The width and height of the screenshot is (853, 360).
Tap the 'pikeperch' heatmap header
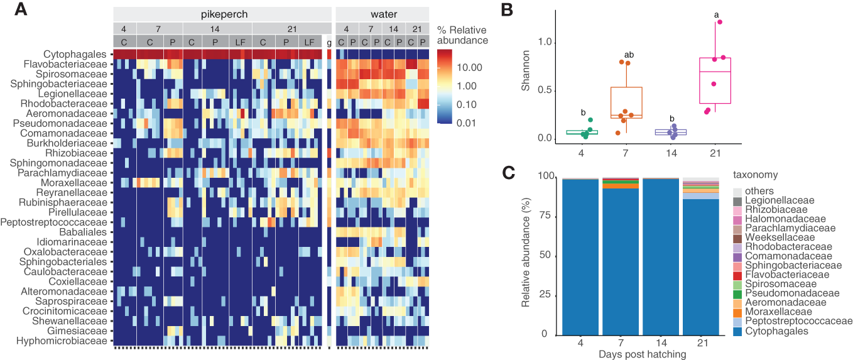[222, 14]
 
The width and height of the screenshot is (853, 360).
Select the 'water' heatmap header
[383, 14]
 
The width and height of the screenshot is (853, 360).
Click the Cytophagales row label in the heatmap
[77, 55]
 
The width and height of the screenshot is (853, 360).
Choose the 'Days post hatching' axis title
[640, 354]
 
